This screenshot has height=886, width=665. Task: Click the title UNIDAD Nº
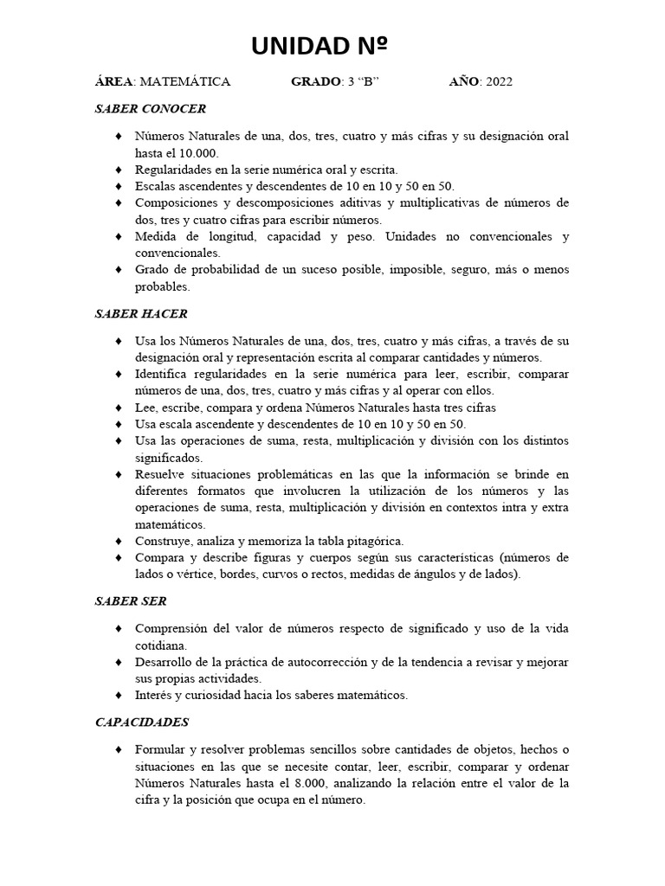[x=319, y=47]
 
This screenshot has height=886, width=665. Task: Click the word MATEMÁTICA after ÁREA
[x=184, y=82]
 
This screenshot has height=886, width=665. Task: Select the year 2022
[x=500, y=82]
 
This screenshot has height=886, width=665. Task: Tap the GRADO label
[x=316, y=82]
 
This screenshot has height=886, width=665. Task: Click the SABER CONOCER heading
[x=151, y=109]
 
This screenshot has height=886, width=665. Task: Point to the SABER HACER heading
[x=141, y=313]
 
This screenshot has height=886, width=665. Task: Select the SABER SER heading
[x=131, y=600]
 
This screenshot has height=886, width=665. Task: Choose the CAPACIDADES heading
[x=142, y=722]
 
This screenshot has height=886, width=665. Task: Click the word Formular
[x=159, y=749]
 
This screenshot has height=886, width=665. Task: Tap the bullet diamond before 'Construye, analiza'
[x=118, y=541]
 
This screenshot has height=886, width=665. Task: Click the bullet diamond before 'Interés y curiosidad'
[x=118, y=695]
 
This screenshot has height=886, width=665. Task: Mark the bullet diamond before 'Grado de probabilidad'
[x=118, y=270]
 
